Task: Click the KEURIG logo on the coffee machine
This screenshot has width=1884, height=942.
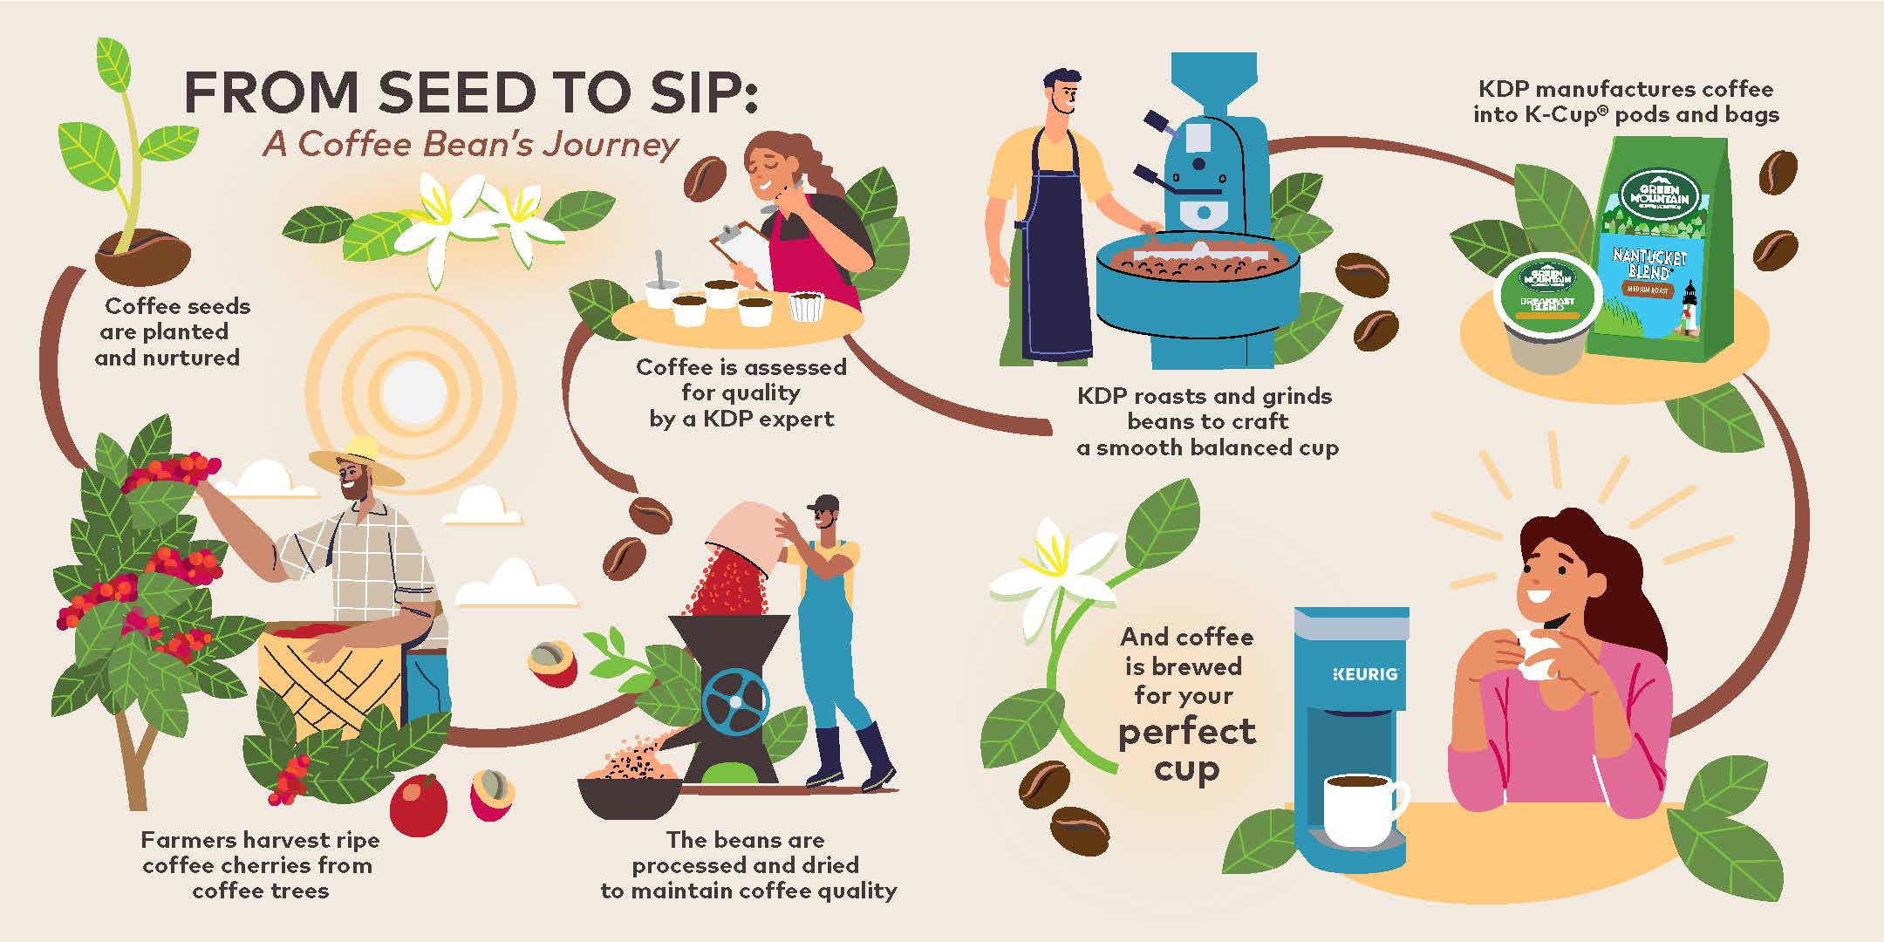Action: [x=1366, y=673]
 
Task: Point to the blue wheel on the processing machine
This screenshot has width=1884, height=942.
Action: [x=736, y=703]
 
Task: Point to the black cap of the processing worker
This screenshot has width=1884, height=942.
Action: [x=823, y=503]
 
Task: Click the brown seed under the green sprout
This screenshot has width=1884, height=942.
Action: [x=145, y=256]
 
